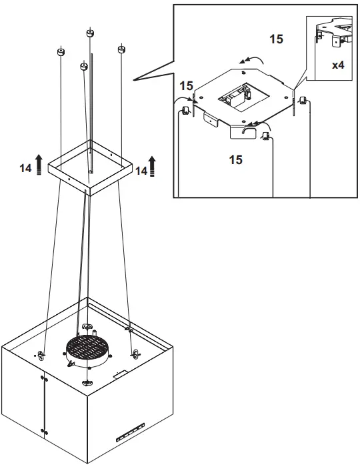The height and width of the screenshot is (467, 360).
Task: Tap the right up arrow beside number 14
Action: coord(153,165)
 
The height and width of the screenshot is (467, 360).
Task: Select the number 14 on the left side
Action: coord(25,169)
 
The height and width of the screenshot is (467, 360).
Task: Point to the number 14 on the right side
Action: coord(141,171)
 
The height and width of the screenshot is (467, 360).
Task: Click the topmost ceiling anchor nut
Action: coord(91,33)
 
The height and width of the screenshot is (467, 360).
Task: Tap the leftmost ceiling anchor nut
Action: coord(61,51)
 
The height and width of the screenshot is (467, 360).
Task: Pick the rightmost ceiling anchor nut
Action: coord(122,50)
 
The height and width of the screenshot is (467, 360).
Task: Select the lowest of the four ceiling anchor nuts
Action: coord(84,67)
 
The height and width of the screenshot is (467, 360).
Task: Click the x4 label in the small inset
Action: coord(338,66)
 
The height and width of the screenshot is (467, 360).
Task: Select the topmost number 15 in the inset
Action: coord(276,39)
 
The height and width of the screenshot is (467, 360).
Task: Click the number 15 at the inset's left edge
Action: coord(186,86)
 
